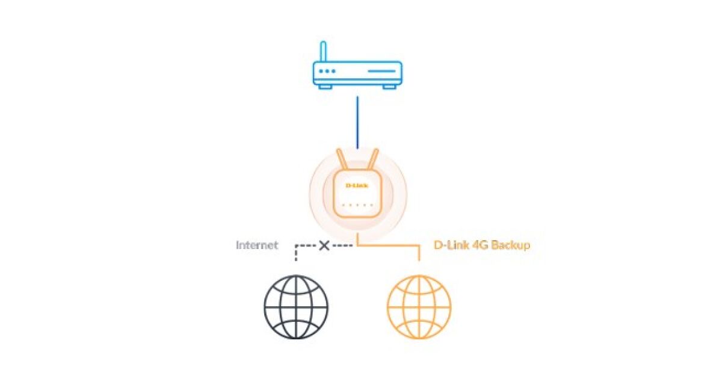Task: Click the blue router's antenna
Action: pyautogui.click(x=323, y=52)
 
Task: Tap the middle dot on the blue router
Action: pyautogui.click(x=327, y=71)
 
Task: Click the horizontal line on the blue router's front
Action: pyautogui.click(x=381, y=71)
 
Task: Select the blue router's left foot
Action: pyautogui.click(x=325, y=87)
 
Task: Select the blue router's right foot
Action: pyautogui.click(x=389, y=87)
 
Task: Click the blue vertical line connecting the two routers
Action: pyautogui.click(x=357, y=123)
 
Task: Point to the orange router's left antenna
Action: pyautogui.click(x=342, y=159)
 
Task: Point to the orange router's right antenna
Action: pyautogui.click(x=372, y=159)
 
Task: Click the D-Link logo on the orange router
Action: pyautogui.click(x=357, y=185)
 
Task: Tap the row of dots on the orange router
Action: pyautogui.click(x=357, y=205)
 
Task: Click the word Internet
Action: pyautogui.click(x=257, y=245)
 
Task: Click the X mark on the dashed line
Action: pyautogui.click(x=324, y=246)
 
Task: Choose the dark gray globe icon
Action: pyautogui.click(x=296, y=307)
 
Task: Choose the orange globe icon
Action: pyautogui.click(x=419, y=307)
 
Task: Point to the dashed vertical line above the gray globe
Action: pyautogui.click(x=296, y=253)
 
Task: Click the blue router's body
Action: pyautogui.click(x=357, y=73)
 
